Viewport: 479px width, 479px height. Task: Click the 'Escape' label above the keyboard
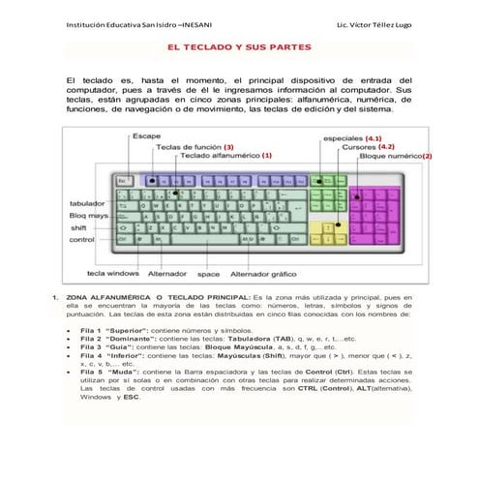click(147, 135)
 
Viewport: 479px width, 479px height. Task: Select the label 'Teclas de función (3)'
click(195, 146)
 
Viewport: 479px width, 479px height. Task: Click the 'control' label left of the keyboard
click(81, 239)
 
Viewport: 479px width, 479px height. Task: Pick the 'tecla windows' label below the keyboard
click(113, 274)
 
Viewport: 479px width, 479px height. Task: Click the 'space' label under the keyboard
click(208, 274)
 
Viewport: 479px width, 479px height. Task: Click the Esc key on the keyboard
click(123, 180)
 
